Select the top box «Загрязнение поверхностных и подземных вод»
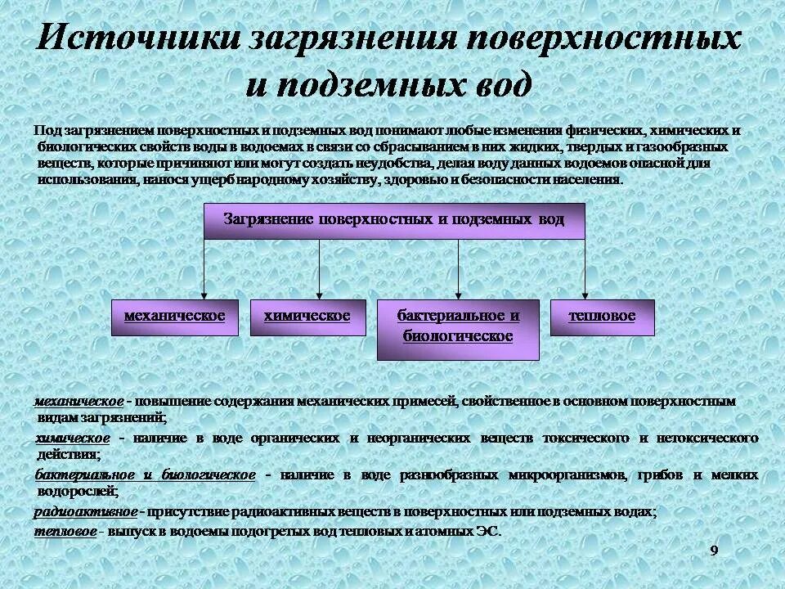[x=394, y=221]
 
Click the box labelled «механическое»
[x=174, y=317]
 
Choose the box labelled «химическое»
[x=307, y=317]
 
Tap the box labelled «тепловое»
[x=603, y=317]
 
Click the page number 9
[x=714, y=551]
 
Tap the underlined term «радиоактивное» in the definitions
[x=86, y=512]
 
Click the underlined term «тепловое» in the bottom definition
[x=66, y=532]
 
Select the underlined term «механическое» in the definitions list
[x=79, y=402]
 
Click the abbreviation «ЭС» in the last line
[x=488, y=532]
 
